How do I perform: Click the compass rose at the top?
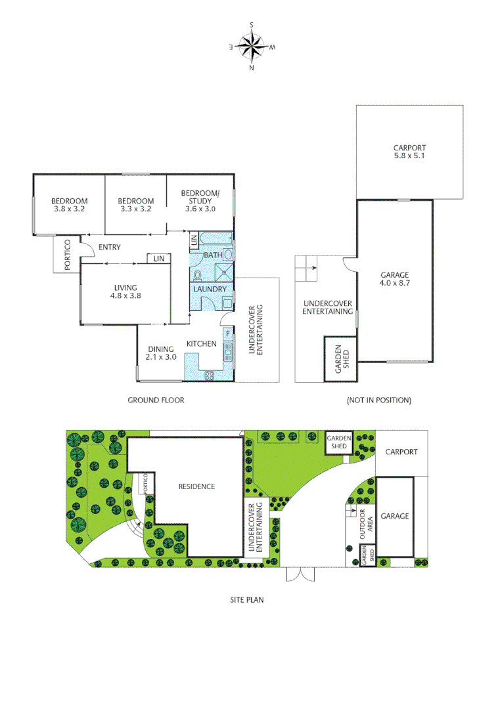(252, 46)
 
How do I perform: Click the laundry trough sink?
(227, 303)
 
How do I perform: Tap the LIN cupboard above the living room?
(158, 259)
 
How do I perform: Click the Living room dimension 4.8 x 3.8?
(125, 296)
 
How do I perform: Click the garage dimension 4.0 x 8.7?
(395, 284)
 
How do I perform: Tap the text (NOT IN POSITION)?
(378, 400)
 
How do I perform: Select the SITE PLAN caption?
(246, 599)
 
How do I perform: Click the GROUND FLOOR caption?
(156, 400)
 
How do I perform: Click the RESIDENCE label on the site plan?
(196, 486)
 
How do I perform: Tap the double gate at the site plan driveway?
(300, 574)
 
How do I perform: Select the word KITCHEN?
(201, 343)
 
